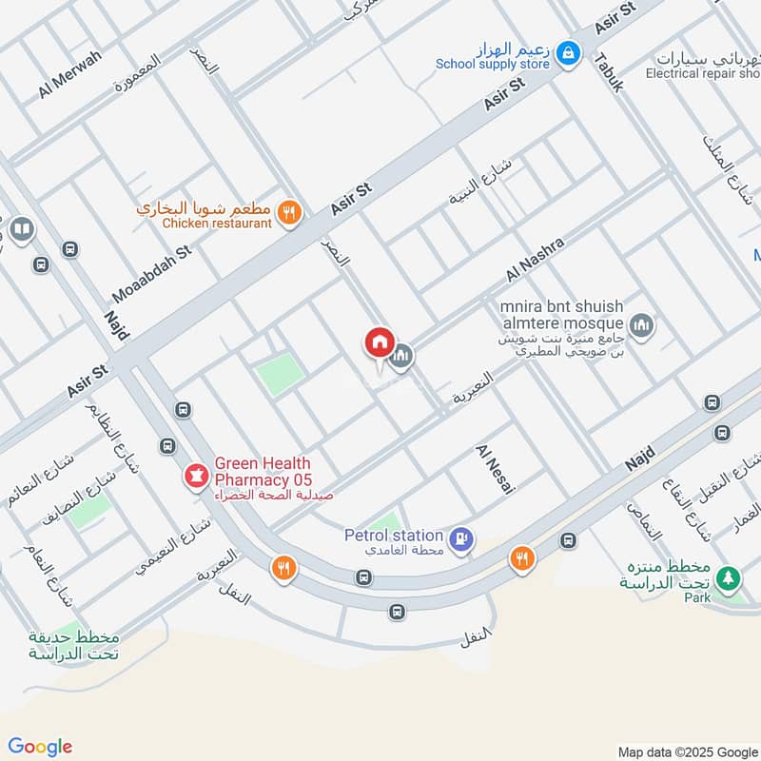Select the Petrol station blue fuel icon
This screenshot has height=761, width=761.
pos(461,538)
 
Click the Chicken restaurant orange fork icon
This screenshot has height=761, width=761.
pos(292,213)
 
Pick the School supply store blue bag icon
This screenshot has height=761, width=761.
pos(568,53)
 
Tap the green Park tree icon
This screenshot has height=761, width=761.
pos(729,577)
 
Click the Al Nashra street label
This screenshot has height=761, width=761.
pos(536,260)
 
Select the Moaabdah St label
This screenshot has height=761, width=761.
pos(152,272)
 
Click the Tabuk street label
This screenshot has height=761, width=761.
pos(609,71)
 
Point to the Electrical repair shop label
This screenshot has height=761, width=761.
pos(702,73)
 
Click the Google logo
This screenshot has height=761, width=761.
pos(39,747)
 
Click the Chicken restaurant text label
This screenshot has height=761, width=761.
pos(217,223)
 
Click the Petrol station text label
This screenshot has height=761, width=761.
pos(393,536)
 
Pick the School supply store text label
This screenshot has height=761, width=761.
pos(493,64)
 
